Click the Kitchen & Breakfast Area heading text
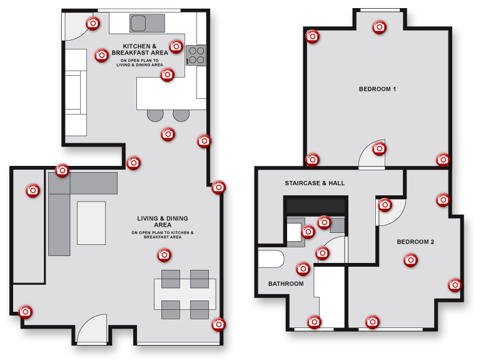click(139, 49)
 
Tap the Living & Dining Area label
click(163, 222)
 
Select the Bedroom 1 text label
click(377, 89)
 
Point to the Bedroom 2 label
click(415, 242)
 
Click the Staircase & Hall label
click(315, 183)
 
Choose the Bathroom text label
click(286, 284)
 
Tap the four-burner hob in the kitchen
click(196, 56)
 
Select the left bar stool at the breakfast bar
click(154, 115)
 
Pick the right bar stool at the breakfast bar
click(181, 115)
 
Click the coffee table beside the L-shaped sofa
click(91, 222)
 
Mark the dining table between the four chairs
click(185, 294)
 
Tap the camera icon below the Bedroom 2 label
click(410, 260)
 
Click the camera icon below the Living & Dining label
click(164, 255)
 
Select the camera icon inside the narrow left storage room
click(33, 190)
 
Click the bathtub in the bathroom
click(270, 259)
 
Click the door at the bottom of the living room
click(91, 330)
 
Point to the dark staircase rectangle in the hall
click(315, 205)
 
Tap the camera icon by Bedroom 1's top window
click(379, 27)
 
